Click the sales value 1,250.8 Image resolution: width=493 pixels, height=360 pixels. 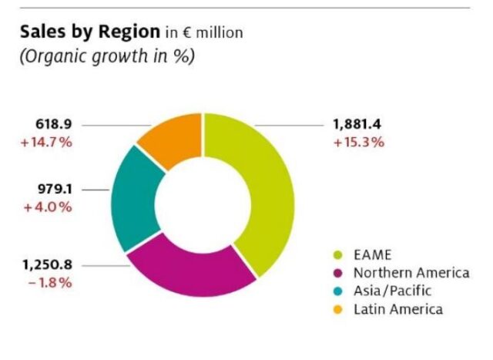(47, 264)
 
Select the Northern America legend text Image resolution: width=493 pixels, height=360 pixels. (411, 272)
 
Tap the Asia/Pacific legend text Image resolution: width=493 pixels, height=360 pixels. (393, 291)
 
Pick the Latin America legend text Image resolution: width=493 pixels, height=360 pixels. (398, 309)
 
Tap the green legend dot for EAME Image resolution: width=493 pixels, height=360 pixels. (336, 254)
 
